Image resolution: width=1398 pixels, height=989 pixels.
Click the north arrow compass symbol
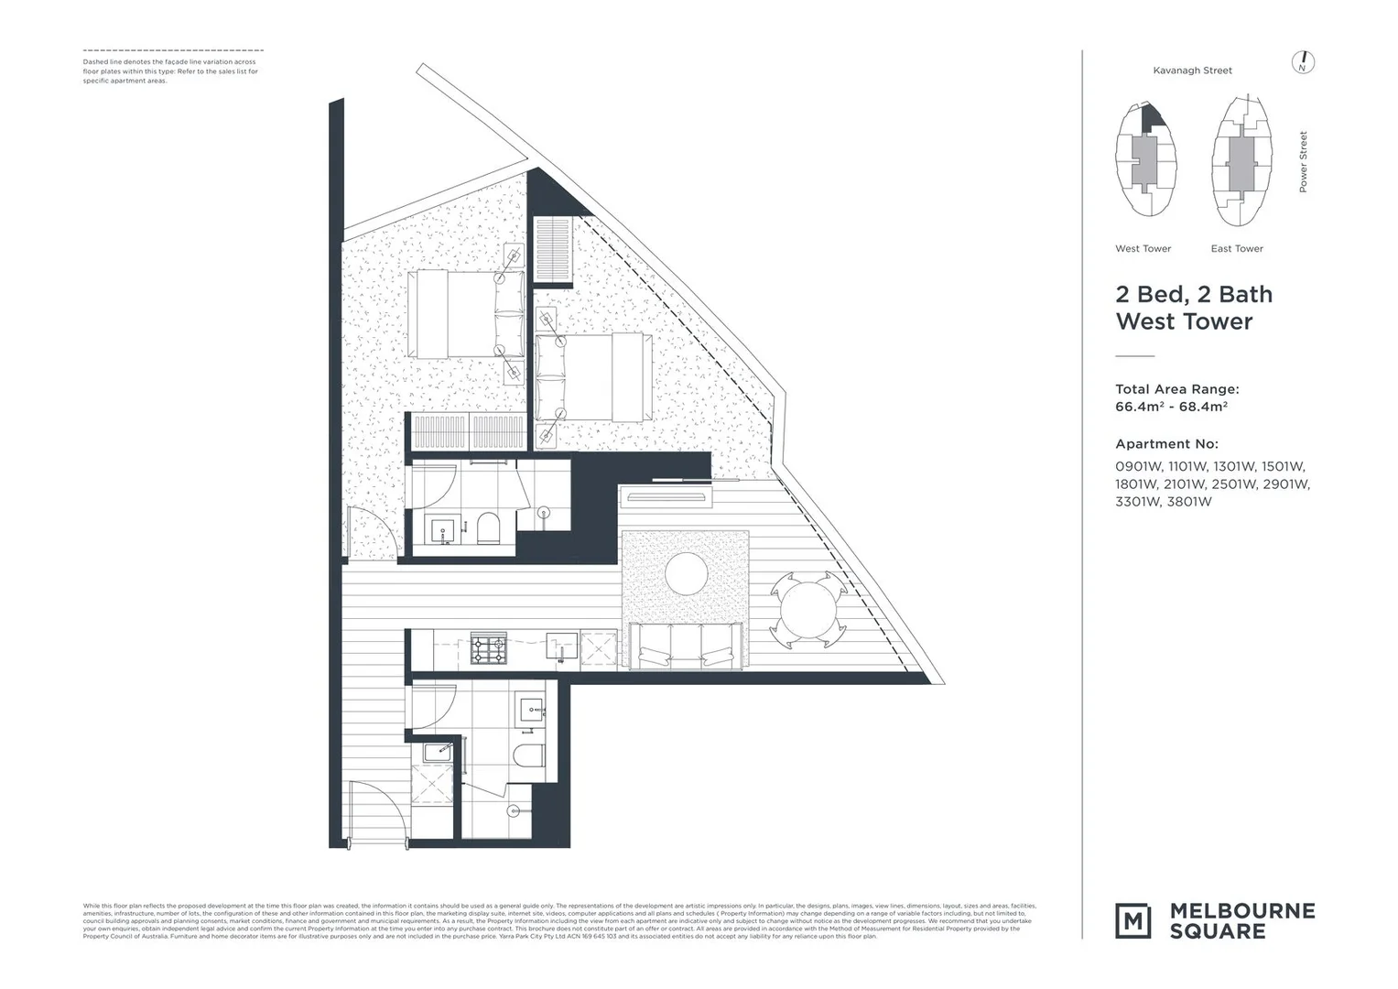click(1302, 62)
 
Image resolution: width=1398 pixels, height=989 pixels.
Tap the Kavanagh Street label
click(1192, 71)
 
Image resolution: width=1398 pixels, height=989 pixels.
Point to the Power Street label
click(1303, 162)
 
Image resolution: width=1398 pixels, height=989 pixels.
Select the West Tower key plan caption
click(1143, 249)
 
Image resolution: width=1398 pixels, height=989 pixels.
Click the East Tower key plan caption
click(1236, 249)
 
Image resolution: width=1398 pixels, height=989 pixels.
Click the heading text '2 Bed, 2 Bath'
click(1193, 295)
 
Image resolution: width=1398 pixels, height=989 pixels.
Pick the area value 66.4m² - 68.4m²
click(1171, 408)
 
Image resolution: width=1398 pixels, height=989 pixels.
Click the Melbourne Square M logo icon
click(1133, 920)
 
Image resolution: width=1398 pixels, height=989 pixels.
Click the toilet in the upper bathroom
click(488, 528)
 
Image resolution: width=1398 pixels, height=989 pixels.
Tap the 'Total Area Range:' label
click(1176, 389)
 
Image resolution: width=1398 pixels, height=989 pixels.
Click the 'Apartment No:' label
click(1166, 444)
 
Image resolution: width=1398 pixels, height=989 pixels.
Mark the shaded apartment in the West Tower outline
click(1153, 115)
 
